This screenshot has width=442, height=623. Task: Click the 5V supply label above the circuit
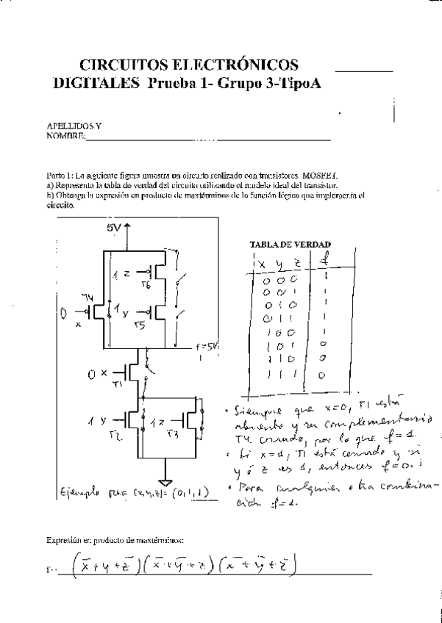(113, 228)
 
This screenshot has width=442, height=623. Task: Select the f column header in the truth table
(325, 259)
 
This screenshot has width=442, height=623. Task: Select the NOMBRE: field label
(65, 136)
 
